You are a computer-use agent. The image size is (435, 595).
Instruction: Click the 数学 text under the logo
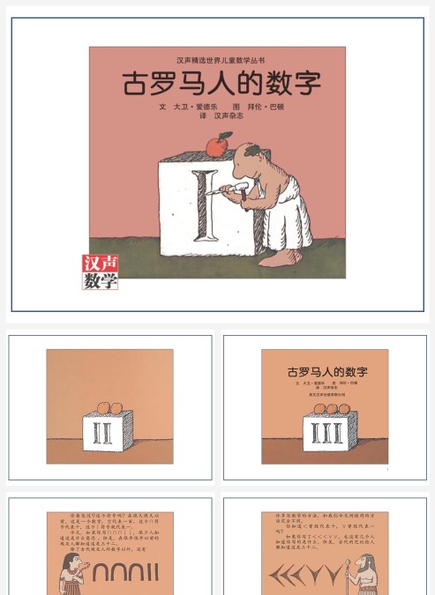point(100,281)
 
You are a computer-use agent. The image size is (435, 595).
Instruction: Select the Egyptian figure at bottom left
point(68,575)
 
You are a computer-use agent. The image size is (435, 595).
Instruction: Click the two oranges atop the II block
point(109,406)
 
